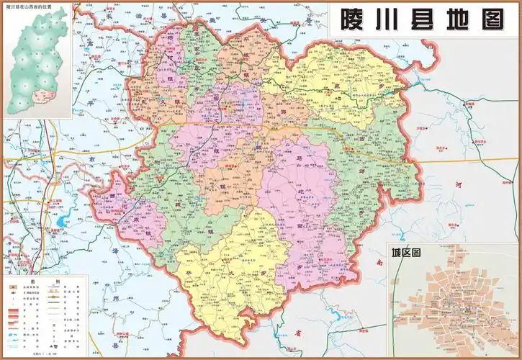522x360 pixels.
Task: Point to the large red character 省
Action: point(297,333)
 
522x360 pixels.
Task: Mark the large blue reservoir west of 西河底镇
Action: point(60,220)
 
